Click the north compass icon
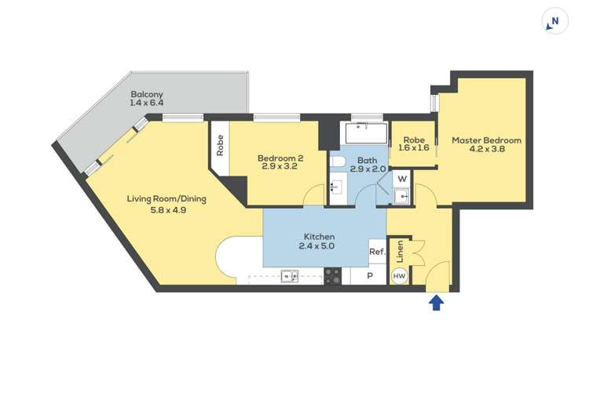click(555, 22)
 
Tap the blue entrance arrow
click(437, 302)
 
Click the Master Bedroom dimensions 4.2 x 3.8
click(486, 151)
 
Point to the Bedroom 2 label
click(280, 158)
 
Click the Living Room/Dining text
click(166, 198)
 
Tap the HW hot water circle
click(399, 276)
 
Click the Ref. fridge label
click(377, 252)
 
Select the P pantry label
click(369, 276)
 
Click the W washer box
click(401, 179)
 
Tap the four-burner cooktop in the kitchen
click(332, 276)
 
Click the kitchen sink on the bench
click(289, 276)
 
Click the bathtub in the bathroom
click(365, 134)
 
